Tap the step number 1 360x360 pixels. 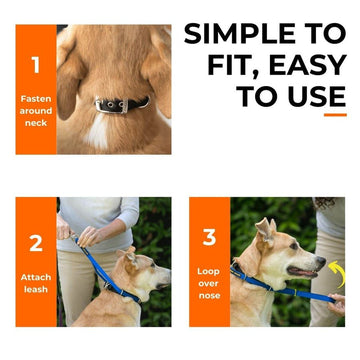coord(35,66)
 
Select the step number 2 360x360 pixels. coord(35,242)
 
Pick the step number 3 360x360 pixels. coord(209,238)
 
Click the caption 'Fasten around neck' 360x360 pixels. coord(35,110)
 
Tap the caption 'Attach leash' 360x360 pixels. coord(35,282)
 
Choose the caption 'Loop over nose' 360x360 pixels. coord(209,282)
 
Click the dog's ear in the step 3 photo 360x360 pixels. coord(264,232)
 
